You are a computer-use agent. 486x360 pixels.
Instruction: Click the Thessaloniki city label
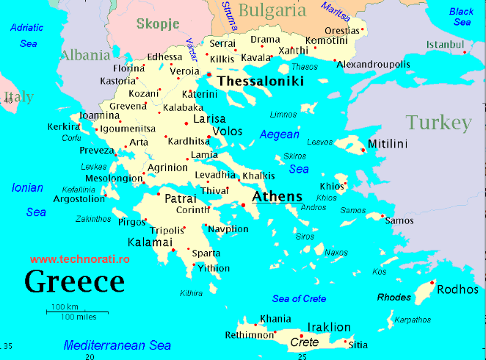coord(261,82)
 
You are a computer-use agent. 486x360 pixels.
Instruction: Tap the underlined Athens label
coord(277,197)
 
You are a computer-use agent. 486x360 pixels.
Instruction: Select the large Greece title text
coord(74,281)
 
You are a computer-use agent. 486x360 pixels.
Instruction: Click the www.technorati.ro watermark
coord(80,259)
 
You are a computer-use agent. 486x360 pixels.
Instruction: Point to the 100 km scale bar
coord(73,312)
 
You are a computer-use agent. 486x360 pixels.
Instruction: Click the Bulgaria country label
coord(272,10)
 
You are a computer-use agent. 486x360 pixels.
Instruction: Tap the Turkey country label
coord(438,122)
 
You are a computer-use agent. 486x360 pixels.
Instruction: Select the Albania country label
coord(85,55)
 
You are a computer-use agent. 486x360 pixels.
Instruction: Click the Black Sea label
coord(461,17)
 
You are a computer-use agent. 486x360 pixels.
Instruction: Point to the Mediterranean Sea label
coord(117,345)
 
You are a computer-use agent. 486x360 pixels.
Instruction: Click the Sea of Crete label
coord(299,298)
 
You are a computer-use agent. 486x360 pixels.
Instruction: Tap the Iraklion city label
coord(328,327)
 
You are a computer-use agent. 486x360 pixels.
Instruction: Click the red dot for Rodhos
coord(432,283)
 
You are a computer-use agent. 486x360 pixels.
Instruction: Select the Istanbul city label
coord(446,45)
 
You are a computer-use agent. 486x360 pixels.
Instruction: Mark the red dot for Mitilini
coord(363,151)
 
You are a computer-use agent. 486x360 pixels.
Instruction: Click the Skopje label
coord(158,24)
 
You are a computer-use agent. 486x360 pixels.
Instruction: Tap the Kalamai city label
coord(150,242)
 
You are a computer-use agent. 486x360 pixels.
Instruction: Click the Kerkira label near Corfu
coord(63,126)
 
